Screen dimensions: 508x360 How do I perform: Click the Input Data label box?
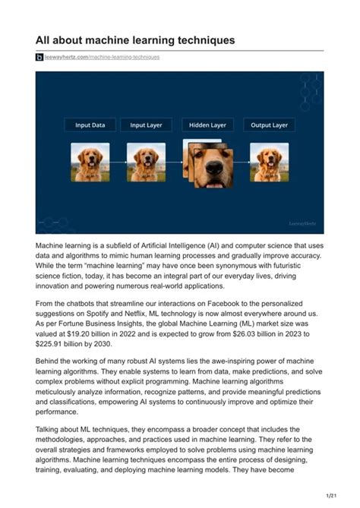[90, 125]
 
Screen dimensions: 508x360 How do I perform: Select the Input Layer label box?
[147, 125]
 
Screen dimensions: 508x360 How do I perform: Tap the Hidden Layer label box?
[207, 125]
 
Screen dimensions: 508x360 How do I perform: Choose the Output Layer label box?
[269, 125]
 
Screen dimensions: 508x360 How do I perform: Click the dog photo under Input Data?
[90, 162]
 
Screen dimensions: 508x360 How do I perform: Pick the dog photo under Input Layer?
[147, 162]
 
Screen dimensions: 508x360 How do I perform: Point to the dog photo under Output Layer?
[270, 162]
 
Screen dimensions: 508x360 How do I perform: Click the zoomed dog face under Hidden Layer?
[212, 167]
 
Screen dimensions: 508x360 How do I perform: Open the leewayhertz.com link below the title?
[102, 58]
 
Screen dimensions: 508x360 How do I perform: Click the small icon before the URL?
[39, 58]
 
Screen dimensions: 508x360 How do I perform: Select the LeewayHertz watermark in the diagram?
[302, 224]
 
